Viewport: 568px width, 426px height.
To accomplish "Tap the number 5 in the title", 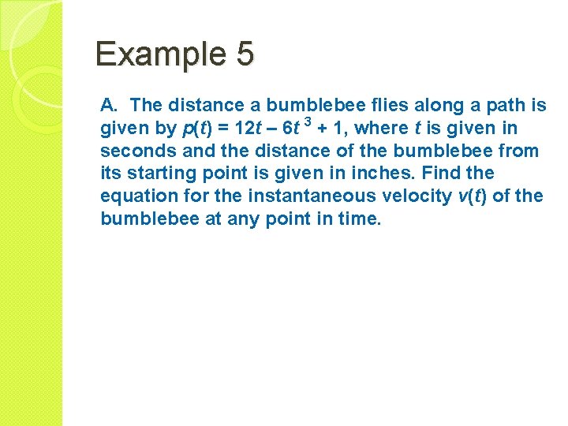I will pos(245,54).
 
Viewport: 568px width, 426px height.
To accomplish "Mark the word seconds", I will pos(131,151).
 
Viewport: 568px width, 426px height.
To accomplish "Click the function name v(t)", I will pos(472,196).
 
